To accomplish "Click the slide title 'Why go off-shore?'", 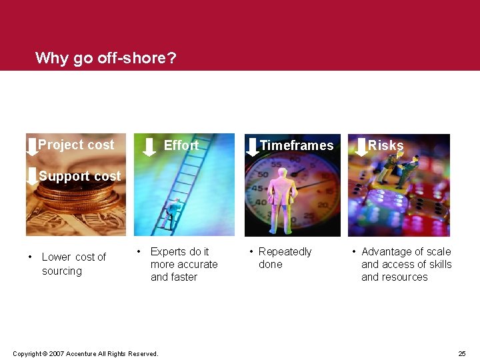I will click(x=105, y=58).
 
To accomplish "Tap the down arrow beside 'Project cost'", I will click(x=31, y=145).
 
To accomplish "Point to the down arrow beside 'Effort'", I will click(x=149, y=145).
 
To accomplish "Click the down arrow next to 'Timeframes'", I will click(x=252, y=145).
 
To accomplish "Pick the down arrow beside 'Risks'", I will click(x=361, y=145).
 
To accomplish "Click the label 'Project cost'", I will click(x=76, y=145).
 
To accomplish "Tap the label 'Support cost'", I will click(x=80, y=176).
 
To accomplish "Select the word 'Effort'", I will click(x=181, y=145).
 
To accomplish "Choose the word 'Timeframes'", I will click(x=296, y=145).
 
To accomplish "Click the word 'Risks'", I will click(x=386, y=145).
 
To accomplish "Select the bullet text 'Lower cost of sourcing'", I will click(x=73, y=264).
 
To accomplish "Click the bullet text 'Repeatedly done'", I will click(x=285, y=258).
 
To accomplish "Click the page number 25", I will click(x=462, y=353).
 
